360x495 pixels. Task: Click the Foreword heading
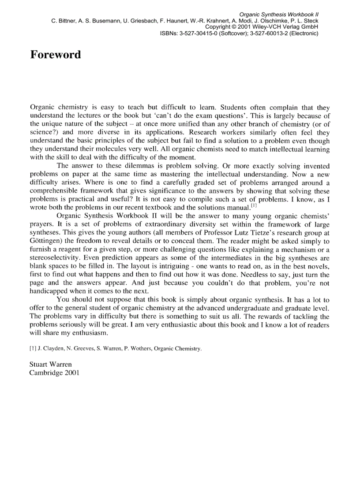(x=56, y=55)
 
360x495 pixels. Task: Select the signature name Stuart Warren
(x=50, y=365)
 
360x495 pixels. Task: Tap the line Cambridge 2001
(x=54, y=372)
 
